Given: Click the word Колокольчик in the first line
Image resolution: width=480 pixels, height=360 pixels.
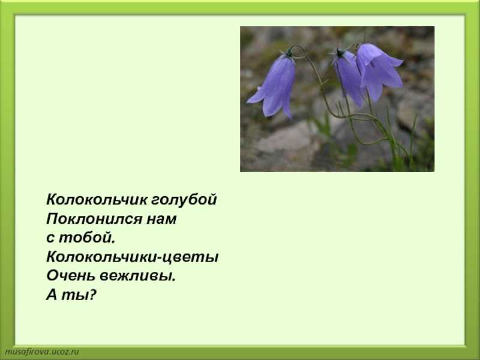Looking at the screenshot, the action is point(97,199).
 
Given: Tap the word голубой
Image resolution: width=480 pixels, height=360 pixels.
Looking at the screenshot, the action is point(184,200).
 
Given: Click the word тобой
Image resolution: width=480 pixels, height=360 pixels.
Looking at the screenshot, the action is point(86,238).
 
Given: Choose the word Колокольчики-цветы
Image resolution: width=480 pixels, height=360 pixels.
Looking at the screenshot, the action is point(132,257).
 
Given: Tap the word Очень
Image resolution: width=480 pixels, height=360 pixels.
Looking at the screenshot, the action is point(71,276).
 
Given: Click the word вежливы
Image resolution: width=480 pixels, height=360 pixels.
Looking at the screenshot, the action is point(138,277).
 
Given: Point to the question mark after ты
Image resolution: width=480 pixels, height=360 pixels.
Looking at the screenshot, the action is point(91,295).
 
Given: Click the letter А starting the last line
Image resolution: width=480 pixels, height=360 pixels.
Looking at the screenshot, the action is point(52,295).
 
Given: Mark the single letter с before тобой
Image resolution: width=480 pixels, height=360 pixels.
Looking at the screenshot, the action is point(50,239).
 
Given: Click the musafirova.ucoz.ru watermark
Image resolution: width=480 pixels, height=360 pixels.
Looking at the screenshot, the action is point(42,352).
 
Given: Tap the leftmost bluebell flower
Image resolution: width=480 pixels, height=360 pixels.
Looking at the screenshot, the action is point(274,86).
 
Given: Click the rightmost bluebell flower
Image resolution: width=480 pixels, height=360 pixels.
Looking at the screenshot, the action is point(379,70).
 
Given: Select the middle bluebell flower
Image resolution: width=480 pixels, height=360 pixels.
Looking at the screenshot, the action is point(349,77).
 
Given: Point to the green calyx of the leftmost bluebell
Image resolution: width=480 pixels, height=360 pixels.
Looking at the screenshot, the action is point(289,55).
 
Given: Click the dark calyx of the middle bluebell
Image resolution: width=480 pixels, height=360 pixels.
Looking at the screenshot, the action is point(340,53).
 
